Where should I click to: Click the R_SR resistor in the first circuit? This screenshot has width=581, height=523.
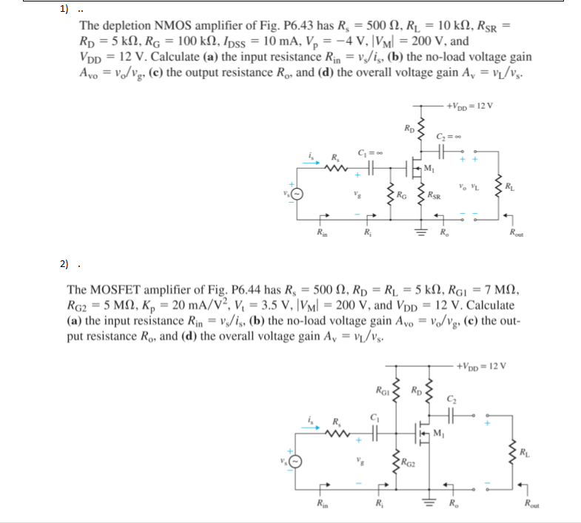coord(423,195)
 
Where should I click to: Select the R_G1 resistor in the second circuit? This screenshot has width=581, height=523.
coord(395,388)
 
